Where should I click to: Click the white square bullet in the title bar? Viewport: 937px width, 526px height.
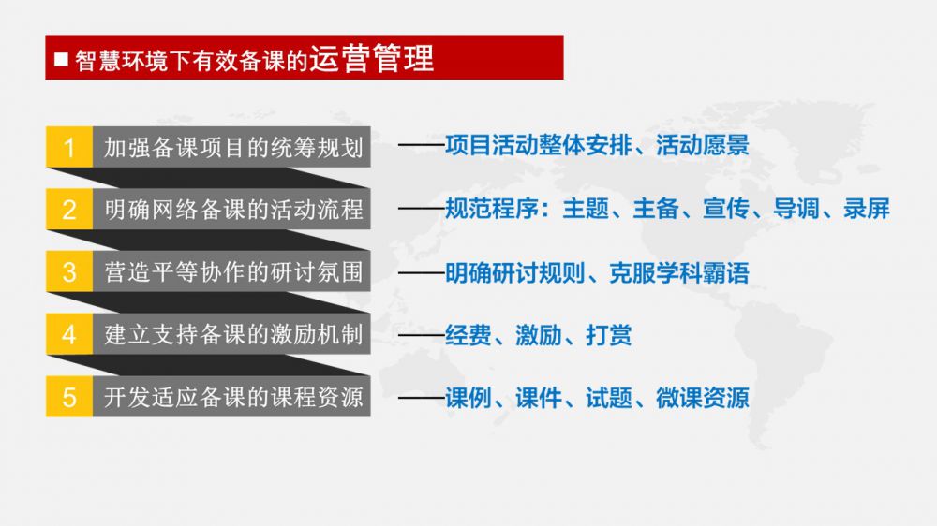[61, 59]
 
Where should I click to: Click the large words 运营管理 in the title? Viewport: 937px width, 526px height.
[371, 58]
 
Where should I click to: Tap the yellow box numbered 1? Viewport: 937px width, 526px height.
[69, 147]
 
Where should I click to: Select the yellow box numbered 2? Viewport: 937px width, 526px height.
[69, 209]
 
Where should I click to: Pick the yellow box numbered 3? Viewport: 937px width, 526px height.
[69, 271]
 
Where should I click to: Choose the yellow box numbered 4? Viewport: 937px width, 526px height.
[69, 334]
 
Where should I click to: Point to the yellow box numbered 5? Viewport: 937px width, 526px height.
[69, 397]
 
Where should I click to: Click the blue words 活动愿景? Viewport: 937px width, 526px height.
[702, 145]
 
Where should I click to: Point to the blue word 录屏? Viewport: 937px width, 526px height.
[867, 209]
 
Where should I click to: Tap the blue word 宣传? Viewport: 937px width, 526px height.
[726, 209]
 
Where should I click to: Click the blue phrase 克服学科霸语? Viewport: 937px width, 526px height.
[678, 273]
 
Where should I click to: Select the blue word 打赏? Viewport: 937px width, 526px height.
[608, 335]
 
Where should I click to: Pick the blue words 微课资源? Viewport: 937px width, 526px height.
[702, 398]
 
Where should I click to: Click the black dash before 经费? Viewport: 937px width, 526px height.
[422, 336]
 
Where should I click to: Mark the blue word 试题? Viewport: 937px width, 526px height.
[608, 398]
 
